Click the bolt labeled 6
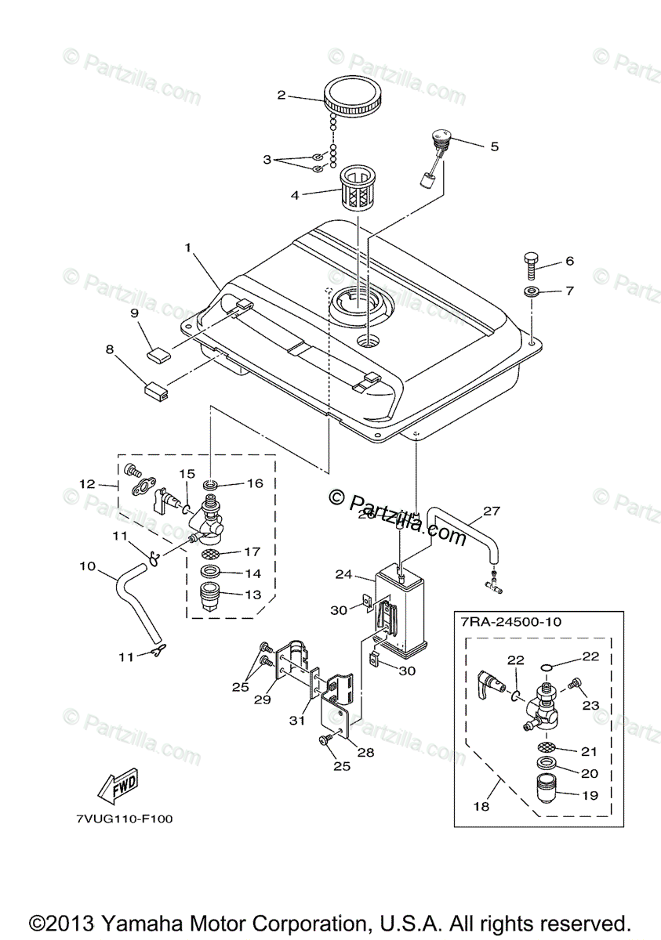pyautogui.click(x=532, y=263)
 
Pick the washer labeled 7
pyautogui.click(x=532, y=291)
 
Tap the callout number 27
pyautogui.click(x=492, y=512)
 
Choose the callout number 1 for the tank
pyautogui.click(x=188, y=248)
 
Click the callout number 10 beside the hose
pyautogui.click(x=87, y=565)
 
